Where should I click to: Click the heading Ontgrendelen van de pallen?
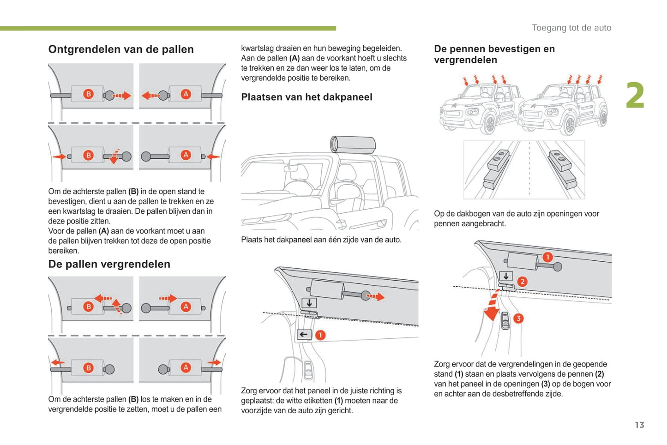click(x=121, y=49)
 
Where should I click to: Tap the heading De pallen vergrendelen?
click(x=109, y=264)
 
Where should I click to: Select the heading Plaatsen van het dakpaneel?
click(x=306, y=97)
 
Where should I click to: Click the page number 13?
click(x=639, y=425)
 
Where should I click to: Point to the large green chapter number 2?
click(x=635, y=96)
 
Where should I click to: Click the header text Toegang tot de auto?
click(x=571, y=28)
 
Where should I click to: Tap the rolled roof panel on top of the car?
click(x=353, y=144)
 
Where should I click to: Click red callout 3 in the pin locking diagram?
click(x=518, y=319)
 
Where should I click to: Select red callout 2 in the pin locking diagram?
click(x=522, y=282)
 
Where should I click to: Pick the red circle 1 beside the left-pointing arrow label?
click(x=320, y=335)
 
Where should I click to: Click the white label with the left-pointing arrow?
click(x=304, y=335)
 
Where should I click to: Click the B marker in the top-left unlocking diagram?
click(x=88, y=94)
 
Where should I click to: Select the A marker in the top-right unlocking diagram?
click(x=186, y=94)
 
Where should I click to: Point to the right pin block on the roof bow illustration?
click(x=561, y=167)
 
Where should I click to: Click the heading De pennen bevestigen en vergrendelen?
click(x=494, y=54)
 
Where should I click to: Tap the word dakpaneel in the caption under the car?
click(x=294, y=240)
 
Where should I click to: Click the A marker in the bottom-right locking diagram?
click(x=186, y=367)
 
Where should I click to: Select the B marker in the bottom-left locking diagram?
click(x=88, y=367)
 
